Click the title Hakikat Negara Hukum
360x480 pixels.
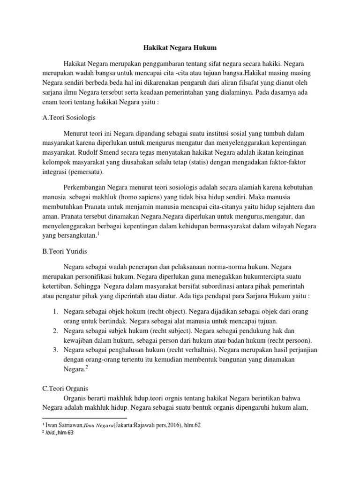180,48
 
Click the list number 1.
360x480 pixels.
54,312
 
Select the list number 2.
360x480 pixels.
54,330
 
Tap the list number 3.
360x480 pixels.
54,350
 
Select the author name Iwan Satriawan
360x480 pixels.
64,425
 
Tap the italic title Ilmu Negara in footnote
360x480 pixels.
98,425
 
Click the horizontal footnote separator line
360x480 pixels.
84,417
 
